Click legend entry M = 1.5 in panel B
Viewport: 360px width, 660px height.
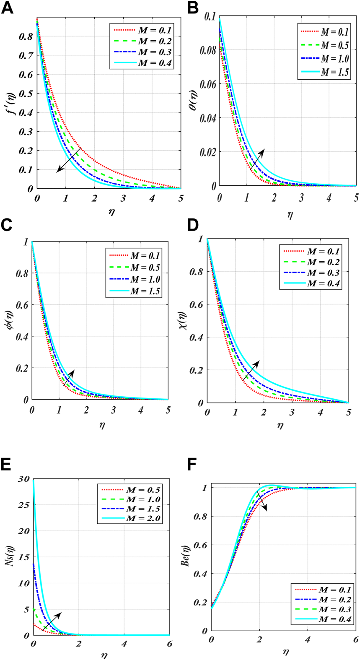tap(334, 72)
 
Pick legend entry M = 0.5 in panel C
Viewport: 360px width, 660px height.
tap(145, 268)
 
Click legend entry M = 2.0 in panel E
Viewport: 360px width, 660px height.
tap(144, 518)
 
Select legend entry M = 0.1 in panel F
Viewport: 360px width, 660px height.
tap(334, 590)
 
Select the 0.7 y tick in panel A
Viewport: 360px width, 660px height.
tap(26, 56)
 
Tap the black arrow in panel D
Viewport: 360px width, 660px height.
tap(251, 370)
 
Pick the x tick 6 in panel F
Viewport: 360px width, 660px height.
tap(355, 640)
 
